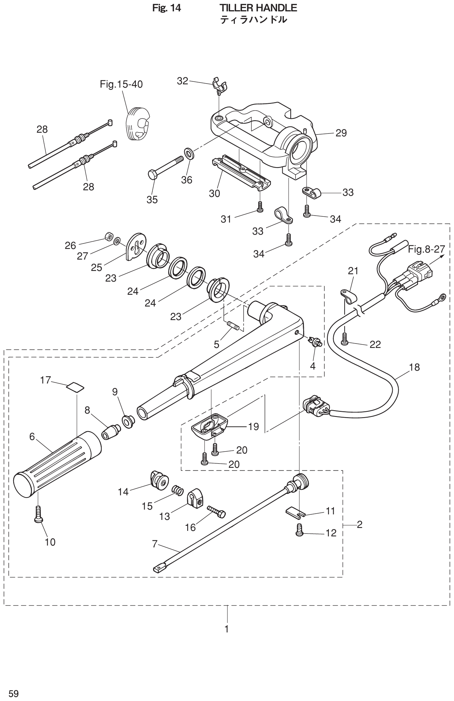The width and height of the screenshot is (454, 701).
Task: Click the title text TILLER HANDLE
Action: click(x=258, y=8)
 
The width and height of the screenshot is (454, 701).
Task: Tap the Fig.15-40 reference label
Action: click(x=121, y=85)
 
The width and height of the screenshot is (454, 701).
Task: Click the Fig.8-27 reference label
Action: click(x=426, y=250)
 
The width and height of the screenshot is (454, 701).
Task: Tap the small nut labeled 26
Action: click(x=108, y=235)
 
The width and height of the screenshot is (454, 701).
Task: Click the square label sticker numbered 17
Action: click(x=75, y=387)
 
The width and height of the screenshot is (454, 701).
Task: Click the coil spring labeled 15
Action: click(x=177, y=489)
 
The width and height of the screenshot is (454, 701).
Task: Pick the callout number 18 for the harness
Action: click(x=414, y=367)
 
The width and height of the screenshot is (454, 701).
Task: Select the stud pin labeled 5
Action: click(x=233, y=325)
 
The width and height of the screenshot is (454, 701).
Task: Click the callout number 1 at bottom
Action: click(x=227, y=629)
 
